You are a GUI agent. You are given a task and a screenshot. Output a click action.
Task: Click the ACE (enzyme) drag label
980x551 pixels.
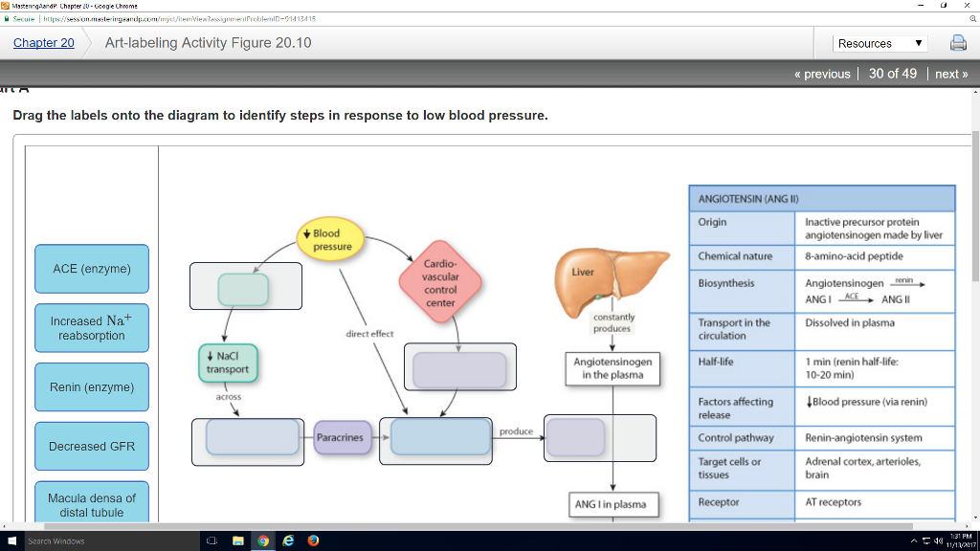click(x=92, y=269)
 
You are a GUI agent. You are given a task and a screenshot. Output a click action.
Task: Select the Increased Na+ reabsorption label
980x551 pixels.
click(x=92, y=328)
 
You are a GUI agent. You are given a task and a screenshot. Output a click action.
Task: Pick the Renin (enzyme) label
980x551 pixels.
click(x=92, y=387)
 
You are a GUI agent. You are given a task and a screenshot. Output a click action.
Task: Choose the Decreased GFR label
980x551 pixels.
click(x=92, y=447)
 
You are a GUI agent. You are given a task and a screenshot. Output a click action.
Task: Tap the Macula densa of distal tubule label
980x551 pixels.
click(x=92, y=504)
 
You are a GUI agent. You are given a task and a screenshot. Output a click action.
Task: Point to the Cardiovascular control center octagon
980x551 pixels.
click(x=440, y=283)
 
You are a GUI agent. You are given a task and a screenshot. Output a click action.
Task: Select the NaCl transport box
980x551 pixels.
click(x=228, y=363)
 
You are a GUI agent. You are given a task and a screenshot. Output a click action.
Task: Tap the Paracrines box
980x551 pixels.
click(x=341, y=438)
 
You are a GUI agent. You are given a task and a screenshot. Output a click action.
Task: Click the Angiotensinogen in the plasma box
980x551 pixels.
click(x=612, y=368)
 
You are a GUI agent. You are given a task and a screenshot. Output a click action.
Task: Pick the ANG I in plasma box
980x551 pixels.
click(x=611, y=504)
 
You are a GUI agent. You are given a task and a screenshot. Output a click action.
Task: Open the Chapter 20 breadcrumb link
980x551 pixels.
click(x=43, y=43)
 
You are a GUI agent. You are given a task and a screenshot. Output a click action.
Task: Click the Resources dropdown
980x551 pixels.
click(x=880, y=43)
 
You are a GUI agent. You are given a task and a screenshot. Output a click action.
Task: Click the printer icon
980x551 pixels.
click(x=957, y=43)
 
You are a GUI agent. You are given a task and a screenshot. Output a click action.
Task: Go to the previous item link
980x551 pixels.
click(x=822, y=74)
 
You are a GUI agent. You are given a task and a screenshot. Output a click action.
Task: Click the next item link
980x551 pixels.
click(x=951, y=74)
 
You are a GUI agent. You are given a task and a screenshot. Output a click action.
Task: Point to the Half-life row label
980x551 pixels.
click(x=716, y=363)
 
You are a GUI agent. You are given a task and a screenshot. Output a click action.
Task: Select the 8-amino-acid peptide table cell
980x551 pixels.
click(x=854, y=256)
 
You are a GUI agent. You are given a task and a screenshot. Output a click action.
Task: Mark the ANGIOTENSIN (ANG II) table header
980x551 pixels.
click(x=748, y=199)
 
